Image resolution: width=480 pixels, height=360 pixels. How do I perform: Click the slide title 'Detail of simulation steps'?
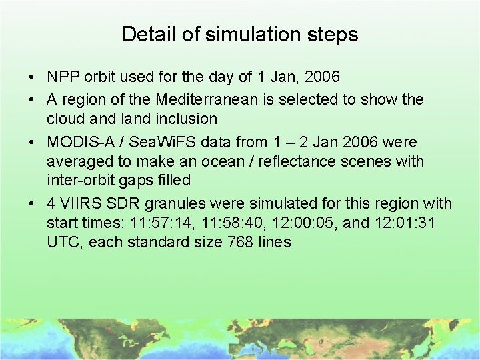(x=240, y=35)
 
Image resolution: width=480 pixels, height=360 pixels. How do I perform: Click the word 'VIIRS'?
(x=81, y=203)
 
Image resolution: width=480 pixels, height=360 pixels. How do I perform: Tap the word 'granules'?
(x=177, y=203)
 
